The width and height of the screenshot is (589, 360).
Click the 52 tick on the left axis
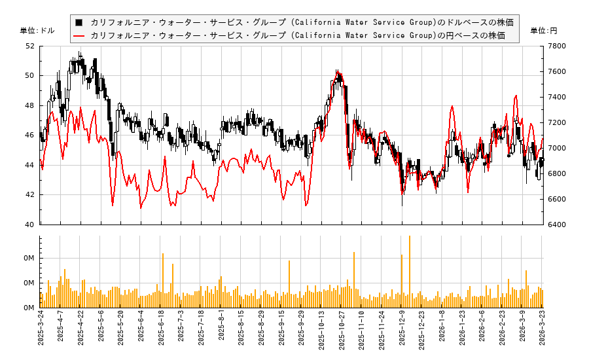pyautogui.click(x=30, y=46)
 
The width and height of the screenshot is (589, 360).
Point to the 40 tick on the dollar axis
pyautogui.click(x=30, y=225)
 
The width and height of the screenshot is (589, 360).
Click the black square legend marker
pyautogui.click(x=79, y=22)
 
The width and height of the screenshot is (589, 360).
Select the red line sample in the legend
pyautogui.click(x=79, y=35)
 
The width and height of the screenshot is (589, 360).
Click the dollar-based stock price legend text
pyautogui.click(x=302, y=22)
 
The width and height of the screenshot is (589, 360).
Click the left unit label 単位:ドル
pyautogui.click(x=37, y=31)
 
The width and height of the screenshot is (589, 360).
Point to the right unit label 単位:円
pyautogui.click(x=543, y=31)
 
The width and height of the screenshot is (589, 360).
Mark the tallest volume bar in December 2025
pyautogui.click(x=410, y=272)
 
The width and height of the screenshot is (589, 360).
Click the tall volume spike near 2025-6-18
pyautogui.click(x=163, y=278)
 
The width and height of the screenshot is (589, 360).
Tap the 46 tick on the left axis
pyautogui.click(x=30, y=135)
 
